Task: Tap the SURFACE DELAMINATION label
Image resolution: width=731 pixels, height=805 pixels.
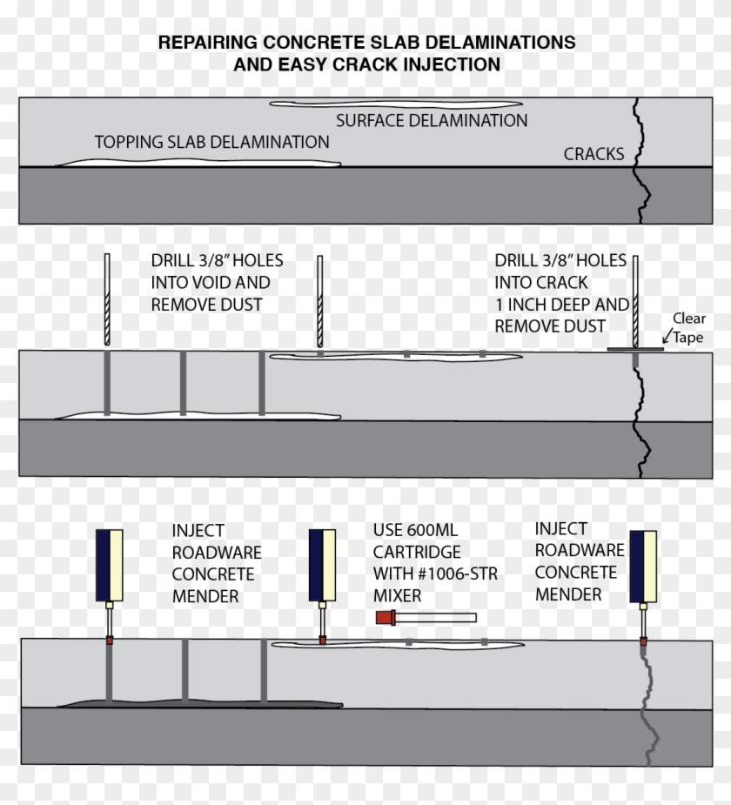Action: (x=432, y=121)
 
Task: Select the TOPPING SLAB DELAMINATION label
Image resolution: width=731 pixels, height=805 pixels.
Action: (x=211, y=142)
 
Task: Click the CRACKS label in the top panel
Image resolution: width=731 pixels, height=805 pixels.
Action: (x=594, y=154)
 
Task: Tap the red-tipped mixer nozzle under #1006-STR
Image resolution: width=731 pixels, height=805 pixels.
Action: (x=426, y=618)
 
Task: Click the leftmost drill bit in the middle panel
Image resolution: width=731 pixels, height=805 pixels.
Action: (x=106, y=298)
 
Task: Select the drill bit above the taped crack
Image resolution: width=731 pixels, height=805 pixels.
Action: (x=636, y=299)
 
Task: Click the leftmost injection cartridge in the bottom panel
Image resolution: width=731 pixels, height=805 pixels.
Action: (x=109, y=566)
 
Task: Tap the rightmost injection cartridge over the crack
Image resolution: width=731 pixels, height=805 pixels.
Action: (x=642, y=566)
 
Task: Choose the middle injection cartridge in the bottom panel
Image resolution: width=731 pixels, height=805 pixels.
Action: (x=322, y=566)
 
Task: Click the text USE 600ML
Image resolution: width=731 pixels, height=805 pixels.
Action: (x=415, y=530)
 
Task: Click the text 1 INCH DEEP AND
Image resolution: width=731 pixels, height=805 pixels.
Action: (x=561, y=305)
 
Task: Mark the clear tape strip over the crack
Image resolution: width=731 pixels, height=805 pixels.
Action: (x=635, y=349)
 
